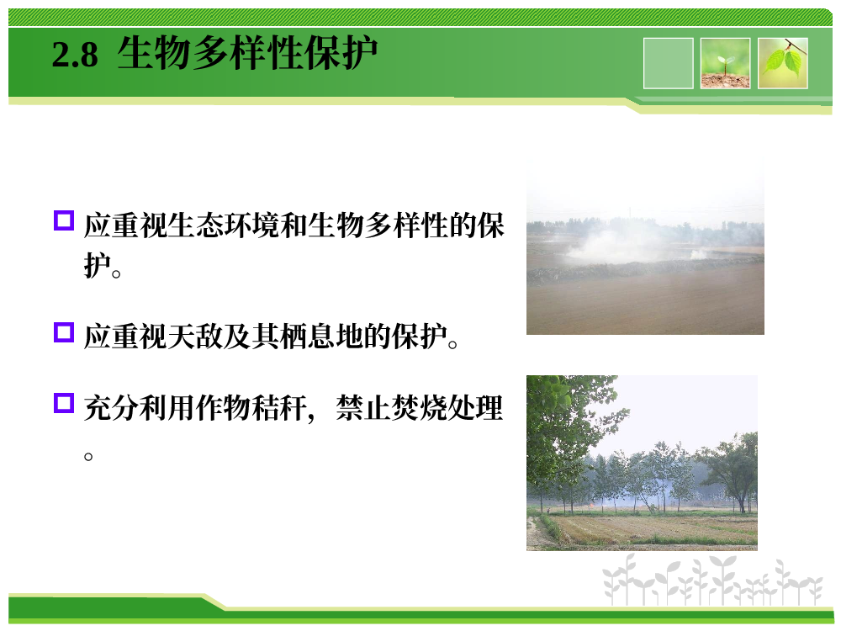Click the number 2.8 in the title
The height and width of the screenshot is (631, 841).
75,55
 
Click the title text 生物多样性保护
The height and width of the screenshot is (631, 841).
247,53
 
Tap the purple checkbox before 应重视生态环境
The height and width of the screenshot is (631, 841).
64,220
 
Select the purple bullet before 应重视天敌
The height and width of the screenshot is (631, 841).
64,332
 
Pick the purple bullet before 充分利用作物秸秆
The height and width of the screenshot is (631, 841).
64,403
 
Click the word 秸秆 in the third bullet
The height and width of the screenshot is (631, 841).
279,408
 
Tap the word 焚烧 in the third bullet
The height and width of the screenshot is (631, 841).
419,408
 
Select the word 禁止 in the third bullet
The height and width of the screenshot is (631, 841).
363,408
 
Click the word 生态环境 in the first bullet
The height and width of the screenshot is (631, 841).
224,225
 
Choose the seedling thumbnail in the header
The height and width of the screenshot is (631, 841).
725,63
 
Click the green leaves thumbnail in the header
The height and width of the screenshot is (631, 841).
782,63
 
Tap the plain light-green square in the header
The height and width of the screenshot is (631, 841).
669,63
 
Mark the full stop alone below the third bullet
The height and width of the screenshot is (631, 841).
88,457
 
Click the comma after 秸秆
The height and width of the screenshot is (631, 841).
311,417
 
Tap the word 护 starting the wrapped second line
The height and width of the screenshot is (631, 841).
97,264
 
